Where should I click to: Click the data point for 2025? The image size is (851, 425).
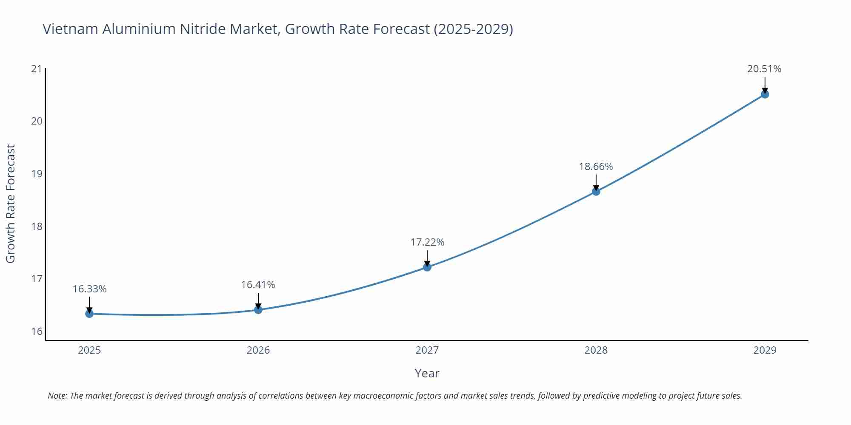pyautogui.click(x=89, y=314)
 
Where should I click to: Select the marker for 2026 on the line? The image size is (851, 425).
pyautogui.click(x=258, y=309)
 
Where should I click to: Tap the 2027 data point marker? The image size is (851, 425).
pyautogui.click(x=427, y=267)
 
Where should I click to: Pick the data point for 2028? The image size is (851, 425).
pyautogui.click(x=596, y=192)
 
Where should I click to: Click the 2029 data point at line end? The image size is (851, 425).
pyautogui.click(x=765, y=94)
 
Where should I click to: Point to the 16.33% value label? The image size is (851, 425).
pyautogui.click(x=89, y=289)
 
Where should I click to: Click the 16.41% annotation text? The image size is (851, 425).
pyautogui.click(x=258, y=285)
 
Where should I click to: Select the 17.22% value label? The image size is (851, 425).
pyautogui.click(x=427, y=242)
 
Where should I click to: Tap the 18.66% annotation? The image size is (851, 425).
pyautogui.click(x=596, y=167)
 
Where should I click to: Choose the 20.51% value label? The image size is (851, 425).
pyautogui.click(x=764, y=69)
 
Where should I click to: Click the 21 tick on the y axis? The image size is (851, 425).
pyautogui.click(x=37, y=69)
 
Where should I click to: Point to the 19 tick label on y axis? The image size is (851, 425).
pyautogui.click(x=37, y=174)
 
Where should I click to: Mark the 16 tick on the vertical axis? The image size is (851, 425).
pyautogui.click(x=37, y=331)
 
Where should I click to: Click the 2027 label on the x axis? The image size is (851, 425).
pyautogui.click(x=427, y=350)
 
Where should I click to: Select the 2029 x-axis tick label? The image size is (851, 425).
pyautogui.click(x=765, y=350)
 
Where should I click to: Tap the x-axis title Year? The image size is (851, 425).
pyautogui.click(x=427, y=373)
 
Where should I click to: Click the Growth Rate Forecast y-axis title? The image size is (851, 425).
pyautogui.click(x=11, y=204)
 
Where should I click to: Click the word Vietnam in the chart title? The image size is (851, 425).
pyautogui.click(x=70, y=29)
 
